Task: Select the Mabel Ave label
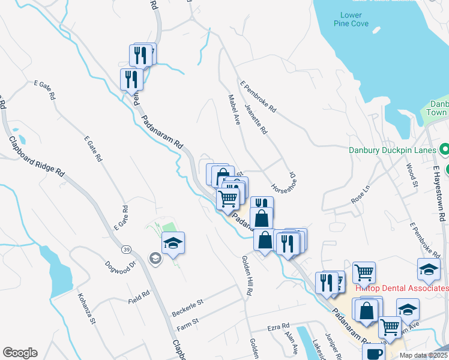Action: [234, 108]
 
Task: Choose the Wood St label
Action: [412, 175]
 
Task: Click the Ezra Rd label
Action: [279, 329]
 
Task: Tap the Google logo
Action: [20, 353]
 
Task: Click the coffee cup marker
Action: [374, 353]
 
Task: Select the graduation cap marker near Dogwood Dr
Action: [173, 243]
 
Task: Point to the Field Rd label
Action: [139, 298]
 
